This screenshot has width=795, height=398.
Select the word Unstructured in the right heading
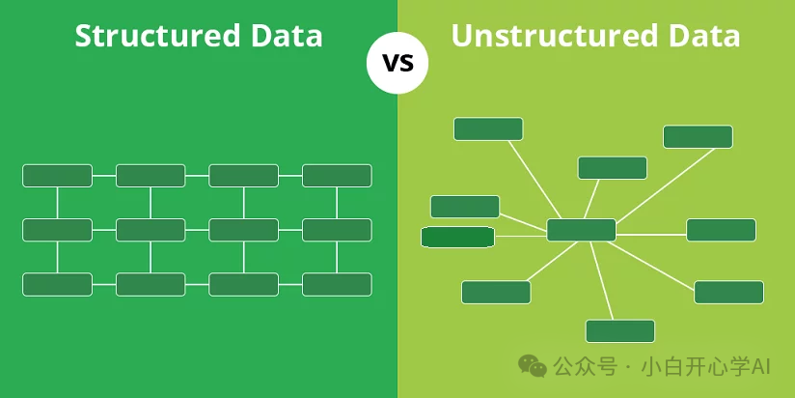(x=557, y=36)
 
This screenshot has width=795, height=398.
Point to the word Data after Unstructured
(x=706, y=36)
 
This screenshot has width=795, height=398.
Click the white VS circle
(x=397, y=64)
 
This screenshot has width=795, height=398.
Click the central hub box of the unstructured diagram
(x=581, y=230)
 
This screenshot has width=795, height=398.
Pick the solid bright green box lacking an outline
(x=457, y=237)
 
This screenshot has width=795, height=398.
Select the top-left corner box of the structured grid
(x=57, y=176)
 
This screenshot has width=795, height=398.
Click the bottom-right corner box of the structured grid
(x=337, y=284)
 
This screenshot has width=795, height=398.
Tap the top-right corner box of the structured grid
(x=337, y=176)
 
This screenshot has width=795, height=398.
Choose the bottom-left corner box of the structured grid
(x=57, y=284)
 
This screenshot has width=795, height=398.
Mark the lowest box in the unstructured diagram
(x=620, y=331)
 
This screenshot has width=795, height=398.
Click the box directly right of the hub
(x=721, y=230)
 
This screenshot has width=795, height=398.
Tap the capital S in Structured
(x=83, y=36)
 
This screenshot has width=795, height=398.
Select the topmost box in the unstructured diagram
(x=488, y=128)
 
